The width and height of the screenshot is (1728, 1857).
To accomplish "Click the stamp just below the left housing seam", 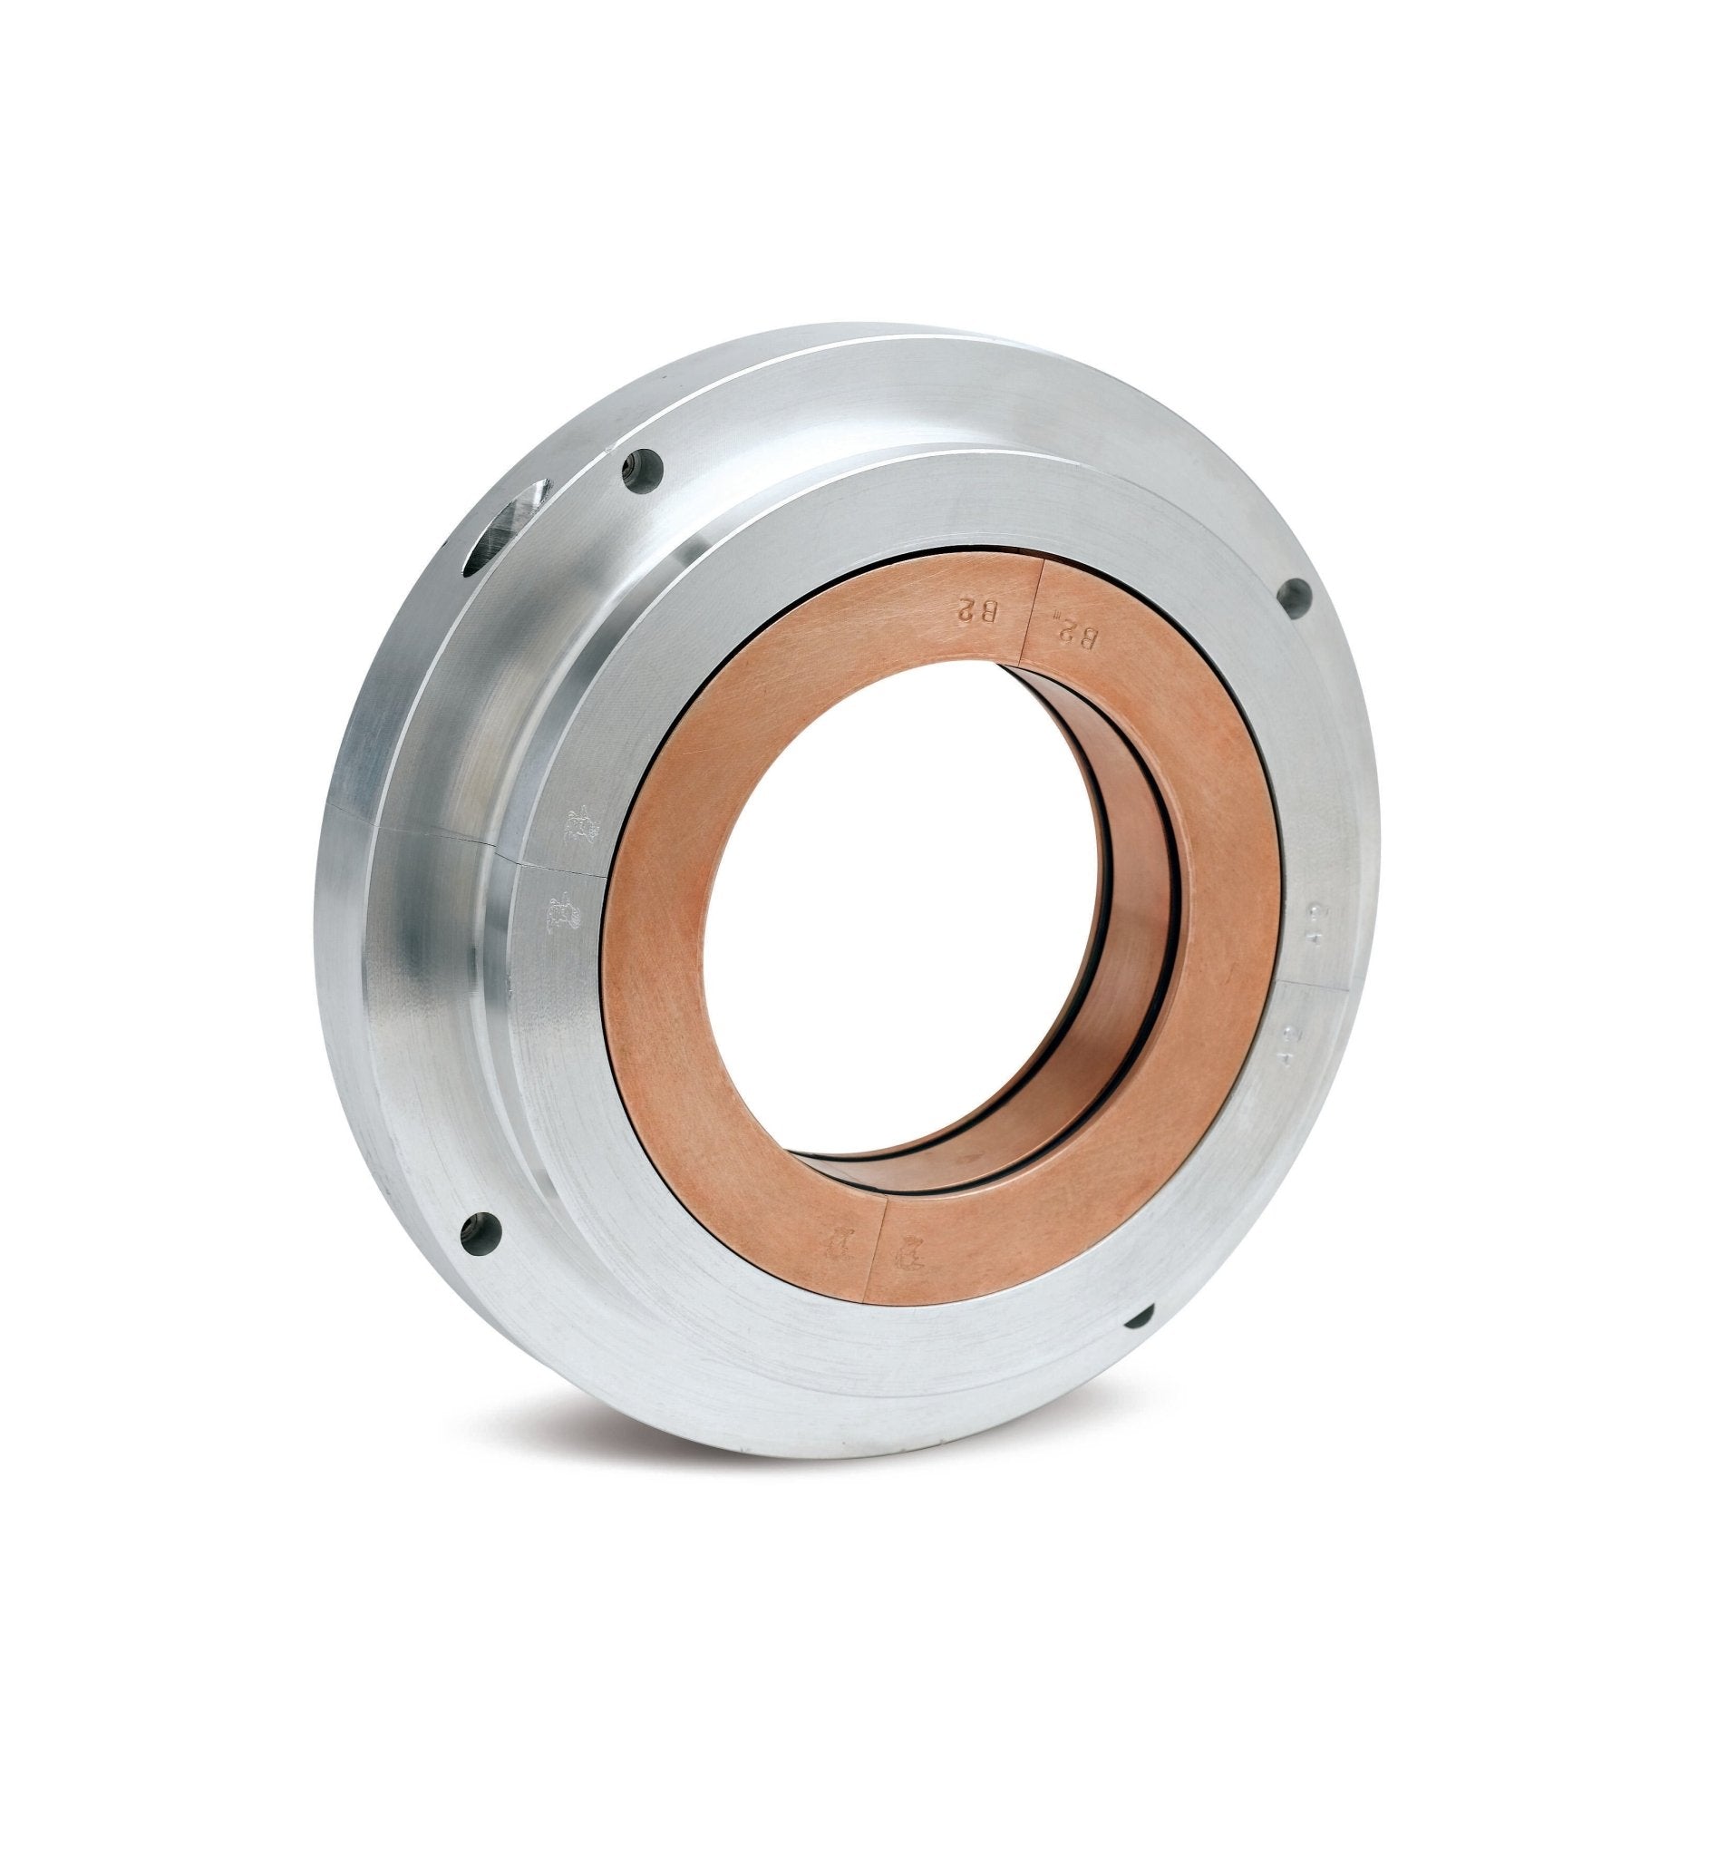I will [x=564, y=910].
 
